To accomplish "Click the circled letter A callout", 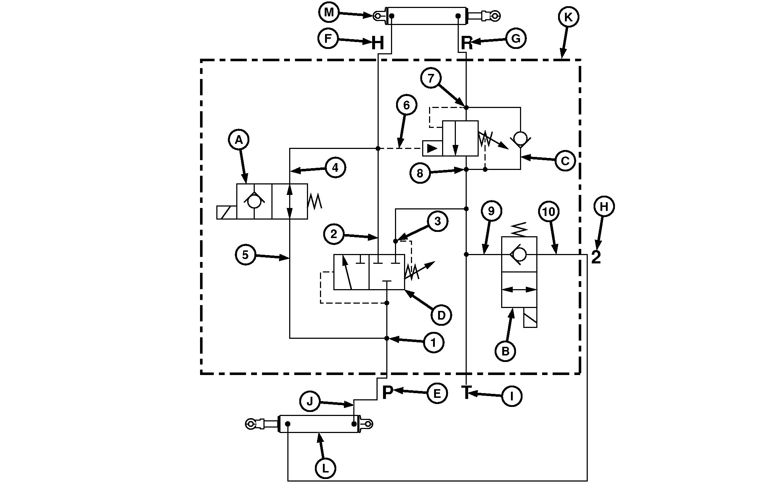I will coord(238,140).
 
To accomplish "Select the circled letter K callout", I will coord(568,17).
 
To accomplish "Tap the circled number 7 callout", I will coord(431,78).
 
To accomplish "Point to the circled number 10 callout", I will coord(549,212).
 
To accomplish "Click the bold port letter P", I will coord(387,392).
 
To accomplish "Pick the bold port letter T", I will coord(466,392).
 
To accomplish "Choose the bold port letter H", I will coord(378,43).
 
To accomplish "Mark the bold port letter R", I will coord(467,43).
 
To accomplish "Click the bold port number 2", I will coord(596,258).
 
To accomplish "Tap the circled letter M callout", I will coord(329,13).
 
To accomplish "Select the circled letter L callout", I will coord(325,469).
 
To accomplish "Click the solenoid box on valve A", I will coord(226,212).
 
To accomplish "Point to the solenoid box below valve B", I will coord(530,318).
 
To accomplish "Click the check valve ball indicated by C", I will coord(520,139).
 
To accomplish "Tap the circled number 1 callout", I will coord(433,342).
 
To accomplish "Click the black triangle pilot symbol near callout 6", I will coord(432,148).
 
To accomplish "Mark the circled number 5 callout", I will coord(245,255).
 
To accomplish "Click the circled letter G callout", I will coord(516,38).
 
